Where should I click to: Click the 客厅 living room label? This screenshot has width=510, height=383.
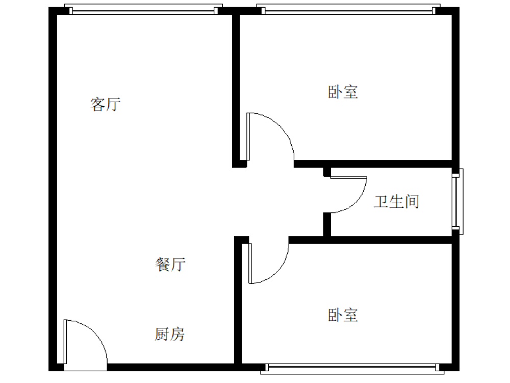click(x=106, y=105)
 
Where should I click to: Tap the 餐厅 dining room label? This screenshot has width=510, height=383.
click(x=170, y=264)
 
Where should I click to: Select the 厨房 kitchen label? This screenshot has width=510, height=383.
click(x=169, y=334)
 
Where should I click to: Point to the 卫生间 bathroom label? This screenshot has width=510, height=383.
click(x=396, y=202)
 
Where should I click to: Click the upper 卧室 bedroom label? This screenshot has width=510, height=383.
click(x=343, y=92)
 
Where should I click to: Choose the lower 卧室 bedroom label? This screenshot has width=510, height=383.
click(x=343, y=315)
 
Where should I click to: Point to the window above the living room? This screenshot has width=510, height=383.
click(x=143, y=10)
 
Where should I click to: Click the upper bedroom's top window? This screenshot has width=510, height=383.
click(x=348, y=10)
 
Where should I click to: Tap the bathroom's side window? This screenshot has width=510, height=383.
click(x=457, y=201)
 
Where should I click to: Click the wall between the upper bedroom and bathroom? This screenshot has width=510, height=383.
click(x=373, y=164)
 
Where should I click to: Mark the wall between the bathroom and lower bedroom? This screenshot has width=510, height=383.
click(x=370, y=240)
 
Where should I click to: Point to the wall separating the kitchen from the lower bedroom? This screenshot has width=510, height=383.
click(x=238, y=303)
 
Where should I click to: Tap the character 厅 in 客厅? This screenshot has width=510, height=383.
click(x=114, y=105)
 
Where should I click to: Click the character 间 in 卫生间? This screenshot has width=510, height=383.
click(x=412, y=202)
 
